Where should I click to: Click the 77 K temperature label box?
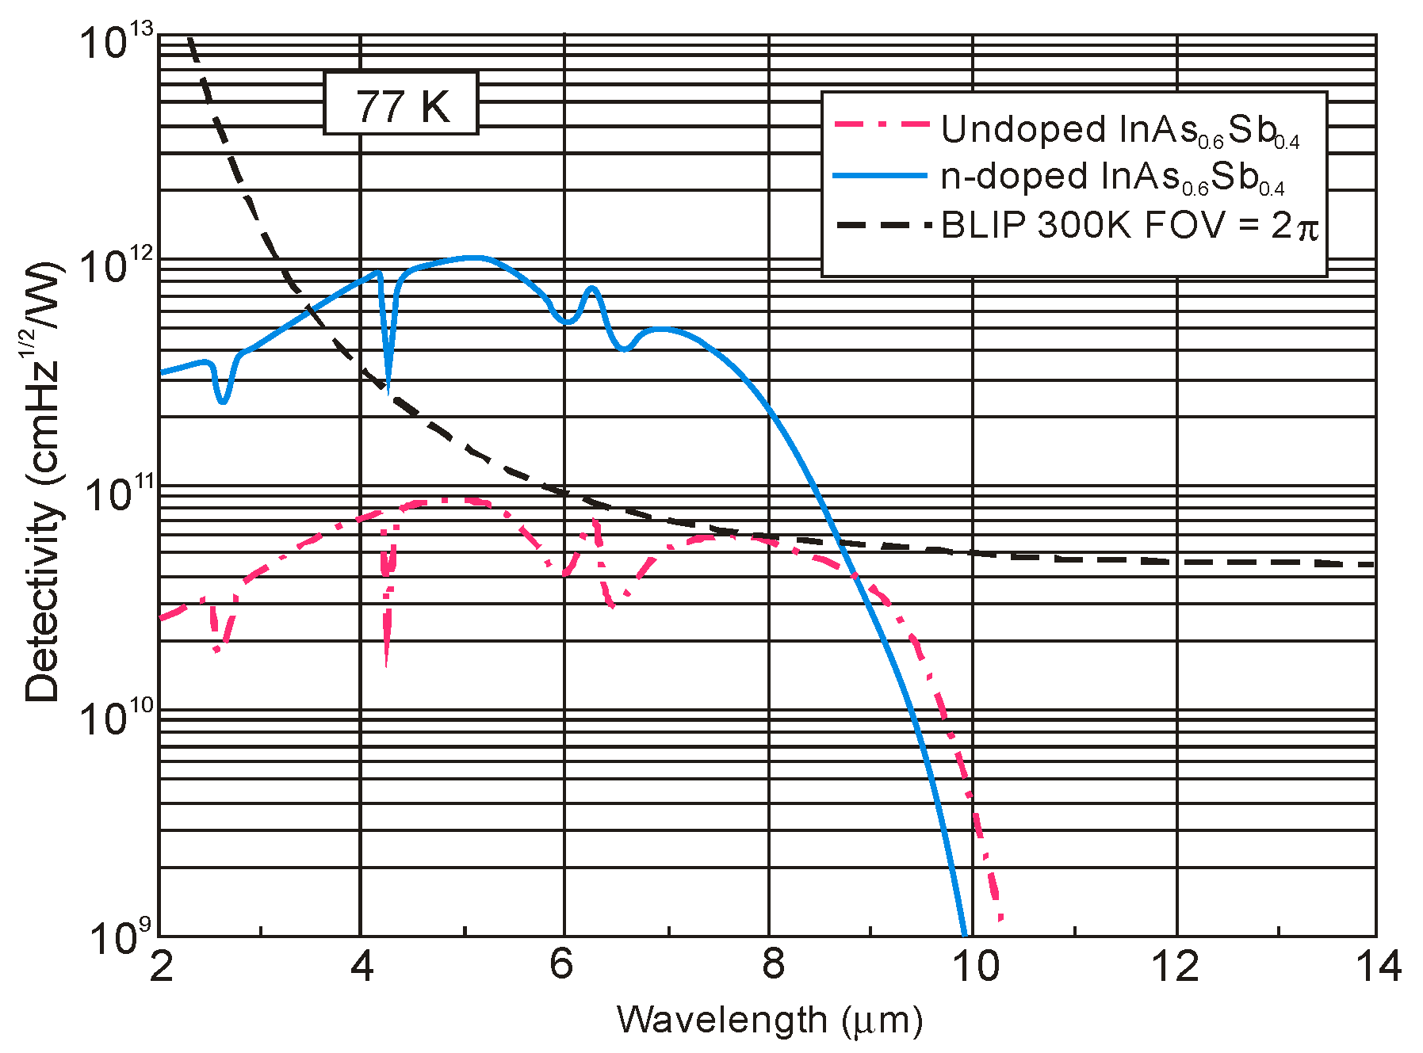[x=401, y=104]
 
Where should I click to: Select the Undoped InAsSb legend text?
[x=1120, y=130]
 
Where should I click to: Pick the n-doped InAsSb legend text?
[x=1112, y=177]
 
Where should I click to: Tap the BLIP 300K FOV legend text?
[x=1129, y=227]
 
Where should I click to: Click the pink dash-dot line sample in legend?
[x=881, y=125]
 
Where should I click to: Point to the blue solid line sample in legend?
[x=881, y=175]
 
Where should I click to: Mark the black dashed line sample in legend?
[x=881, y=225]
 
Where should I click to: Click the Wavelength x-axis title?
[x=770, y=1021]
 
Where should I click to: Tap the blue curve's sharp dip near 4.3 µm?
[x=387, y=387]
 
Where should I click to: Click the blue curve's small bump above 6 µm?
[x=591, y=289]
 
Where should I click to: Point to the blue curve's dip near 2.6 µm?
[x=223, y=401]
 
